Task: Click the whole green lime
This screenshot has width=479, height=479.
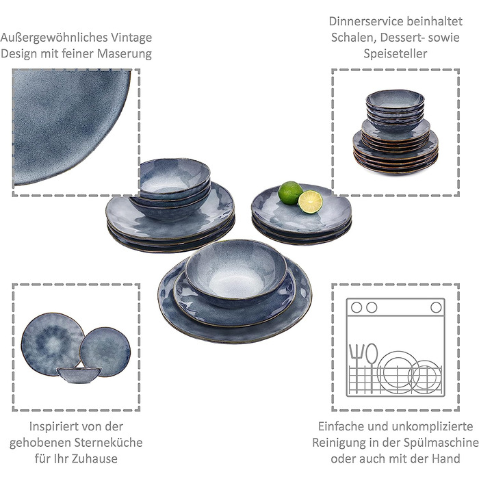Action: point(290,193)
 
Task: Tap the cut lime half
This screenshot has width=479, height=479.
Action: point(311,202)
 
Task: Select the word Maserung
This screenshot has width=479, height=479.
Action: point(125,54)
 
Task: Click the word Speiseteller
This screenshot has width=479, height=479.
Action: point(396,54)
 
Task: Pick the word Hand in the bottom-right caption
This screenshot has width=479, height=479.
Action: point(446,458)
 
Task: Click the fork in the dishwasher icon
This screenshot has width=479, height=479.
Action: point(357,367)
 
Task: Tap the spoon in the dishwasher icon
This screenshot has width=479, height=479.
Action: point(372,367)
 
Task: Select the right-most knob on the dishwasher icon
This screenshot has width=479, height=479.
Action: point(436,307)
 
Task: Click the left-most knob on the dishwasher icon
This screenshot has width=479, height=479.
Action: point(357,307)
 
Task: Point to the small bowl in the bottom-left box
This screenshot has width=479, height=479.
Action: point(79,375)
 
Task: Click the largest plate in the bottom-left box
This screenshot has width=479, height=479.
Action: point(53,344)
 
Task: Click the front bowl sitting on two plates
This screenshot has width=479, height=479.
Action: point(236,273)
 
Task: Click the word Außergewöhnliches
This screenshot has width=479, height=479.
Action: point(54,38)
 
